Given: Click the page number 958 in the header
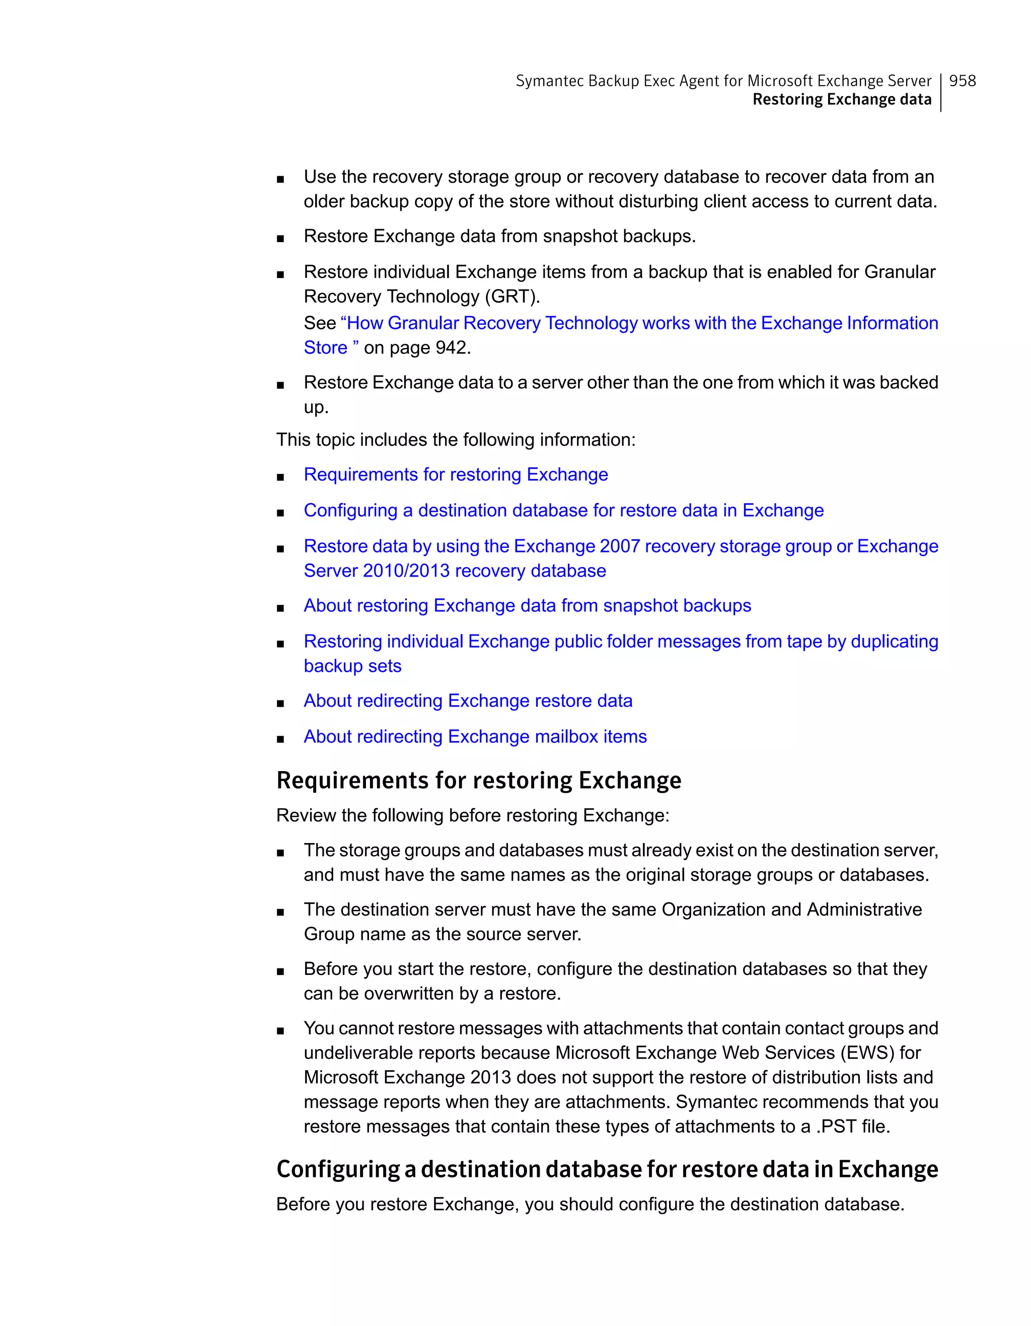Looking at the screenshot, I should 963,81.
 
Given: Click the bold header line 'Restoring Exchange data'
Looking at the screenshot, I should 842,100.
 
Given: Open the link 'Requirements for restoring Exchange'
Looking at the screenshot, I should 456,474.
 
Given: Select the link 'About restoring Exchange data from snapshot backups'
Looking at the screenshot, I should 528,605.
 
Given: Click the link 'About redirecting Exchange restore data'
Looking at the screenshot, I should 468,701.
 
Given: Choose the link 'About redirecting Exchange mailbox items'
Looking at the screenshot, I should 475,736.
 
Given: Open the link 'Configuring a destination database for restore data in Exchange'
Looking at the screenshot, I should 564,510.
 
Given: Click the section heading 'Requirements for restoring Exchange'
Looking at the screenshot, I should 479,780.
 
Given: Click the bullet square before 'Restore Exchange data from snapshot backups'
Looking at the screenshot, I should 280,239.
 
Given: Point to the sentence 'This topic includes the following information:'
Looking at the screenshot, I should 456,440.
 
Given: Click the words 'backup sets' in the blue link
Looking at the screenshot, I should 352,666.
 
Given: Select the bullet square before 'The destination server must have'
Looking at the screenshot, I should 280,912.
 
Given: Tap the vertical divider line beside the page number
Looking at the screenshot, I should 940,92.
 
